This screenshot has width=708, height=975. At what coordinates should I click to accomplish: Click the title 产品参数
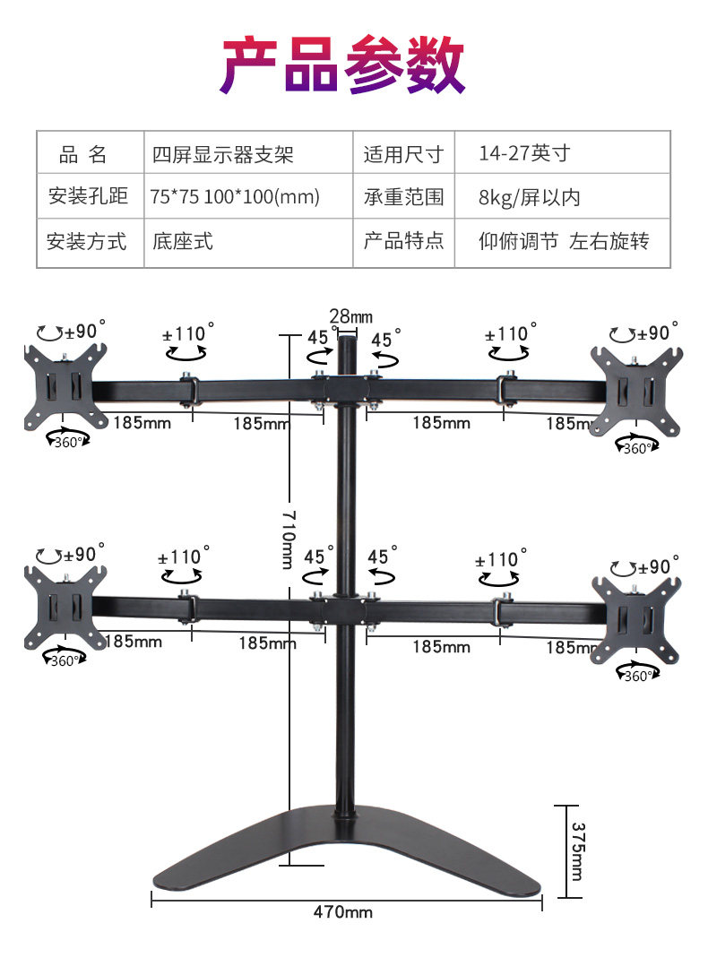[343, 65]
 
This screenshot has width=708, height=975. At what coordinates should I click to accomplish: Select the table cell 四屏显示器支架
[223, 154]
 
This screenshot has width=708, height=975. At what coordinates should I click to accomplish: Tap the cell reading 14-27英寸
[523, 153]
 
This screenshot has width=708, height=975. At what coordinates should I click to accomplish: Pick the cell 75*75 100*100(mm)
[235, 197]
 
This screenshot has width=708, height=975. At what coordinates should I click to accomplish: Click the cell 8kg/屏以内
[529, 197]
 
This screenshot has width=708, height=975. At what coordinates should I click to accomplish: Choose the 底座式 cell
[183, 241]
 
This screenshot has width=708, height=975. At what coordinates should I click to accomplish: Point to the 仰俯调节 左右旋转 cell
[563, 241]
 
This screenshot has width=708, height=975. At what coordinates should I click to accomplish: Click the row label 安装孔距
[87, 197]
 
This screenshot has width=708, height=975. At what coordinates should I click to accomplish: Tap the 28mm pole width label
[350, 315]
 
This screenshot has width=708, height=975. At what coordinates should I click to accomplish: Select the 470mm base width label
[342, 912]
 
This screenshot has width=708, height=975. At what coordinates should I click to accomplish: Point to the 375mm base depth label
[577, 851]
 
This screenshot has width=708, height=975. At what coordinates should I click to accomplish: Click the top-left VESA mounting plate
[65, 385]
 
